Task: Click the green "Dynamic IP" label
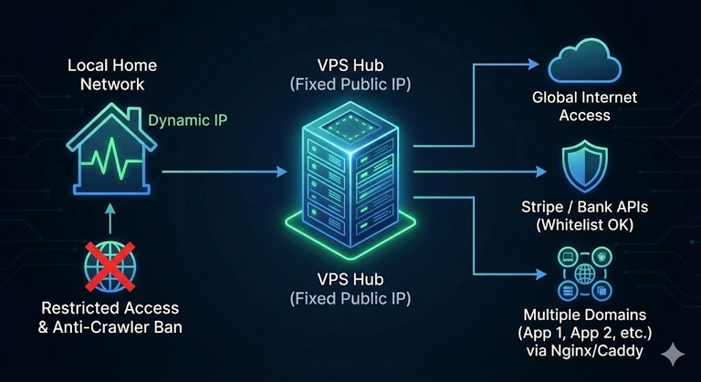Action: click(187, 120)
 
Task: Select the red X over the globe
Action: click(110, 267)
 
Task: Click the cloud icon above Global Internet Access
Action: click(584, 61)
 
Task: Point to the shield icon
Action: click(584, 166)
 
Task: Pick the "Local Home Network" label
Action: click(112, 75)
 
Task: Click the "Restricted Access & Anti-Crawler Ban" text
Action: click(110, 317)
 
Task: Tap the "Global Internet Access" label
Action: click(584, 107)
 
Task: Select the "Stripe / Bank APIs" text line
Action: click(584, 207)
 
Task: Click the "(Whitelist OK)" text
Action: click(584, 224)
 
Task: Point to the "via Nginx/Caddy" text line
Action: click(584, 351)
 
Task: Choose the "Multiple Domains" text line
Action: click(584, 315)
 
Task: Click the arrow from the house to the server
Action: click(225, 171)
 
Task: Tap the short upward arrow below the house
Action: click(110, 219)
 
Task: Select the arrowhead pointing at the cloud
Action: click(534, 65)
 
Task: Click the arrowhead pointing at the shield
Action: click(541, 171)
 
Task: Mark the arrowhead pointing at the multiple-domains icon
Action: click(541, 274)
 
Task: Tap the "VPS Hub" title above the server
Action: click(350, 66)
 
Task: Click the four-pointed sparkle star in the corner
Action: click(673, 355)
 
